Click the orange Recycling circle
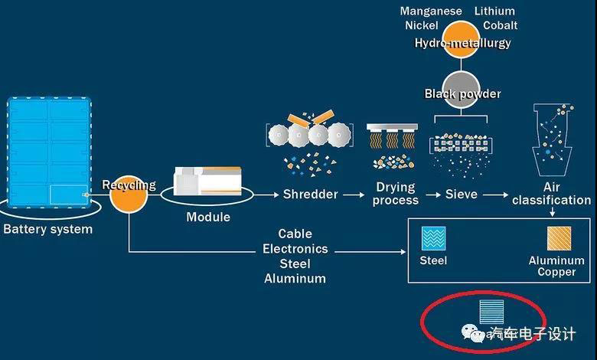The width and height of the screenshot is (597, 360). click(x=128, y=195)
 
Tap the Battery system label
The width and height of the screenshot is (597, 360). click(x=47, y=229)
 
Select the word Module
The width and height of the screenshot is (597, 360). click(x=208, y=217)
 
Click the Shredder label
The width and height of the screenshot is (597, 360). click(x=310, y=194)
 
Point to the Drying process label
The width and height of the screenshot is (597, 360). click(x=396, y=193)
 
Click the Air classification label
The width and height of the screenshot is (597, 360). click(x=551, y=193)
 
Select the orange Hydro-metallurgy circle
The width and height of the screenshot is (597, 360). click(x=462, y=38)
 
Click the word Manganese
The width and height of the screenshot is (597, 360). click(x=431, y=11)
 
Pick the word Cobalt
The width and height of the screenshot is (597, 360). click(x=500, y=25)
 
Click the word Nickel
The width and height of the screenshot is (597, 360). click(x=422, y=25)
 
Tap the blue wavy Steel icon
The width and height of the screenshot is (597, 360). click(x=434, y=239)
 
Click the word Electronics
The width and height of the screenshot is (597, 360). click(x=295, y=249)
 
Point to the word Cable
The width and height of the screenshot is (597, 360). click(x=295, y=234)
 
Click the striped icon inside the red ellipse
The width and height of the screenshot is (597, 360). click(x=491, y=310)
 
